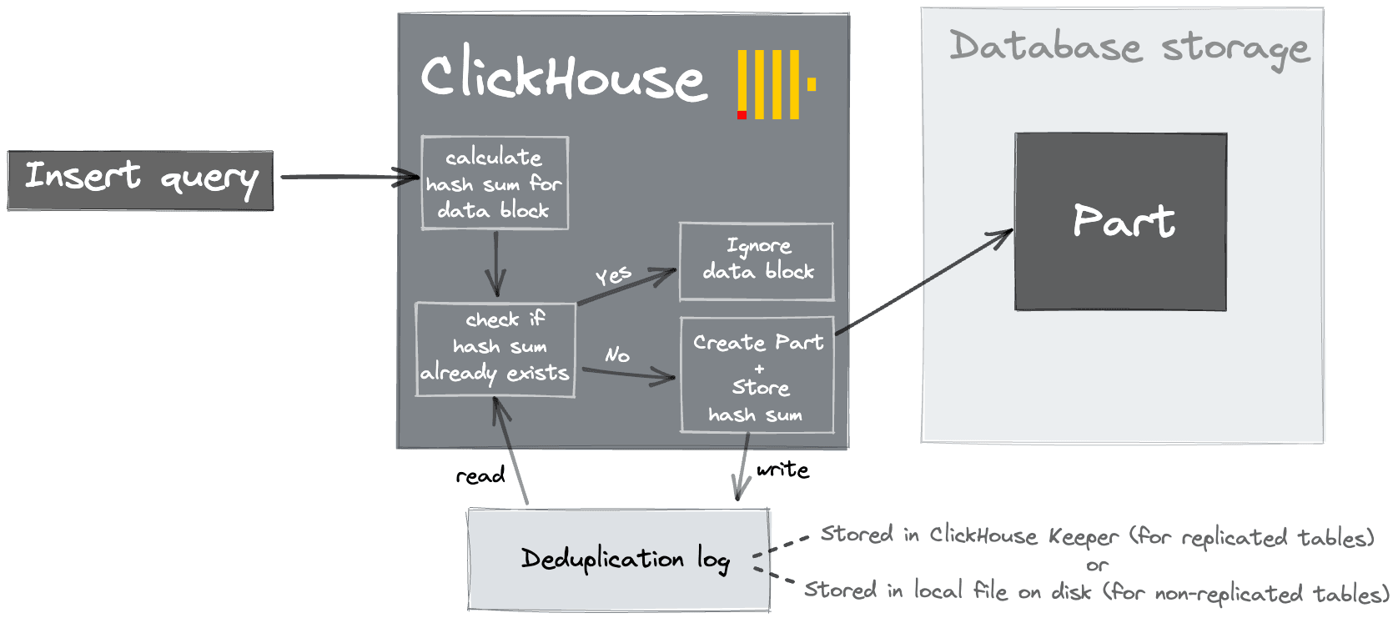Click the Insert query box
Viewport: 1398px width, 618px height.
tap(140, 180)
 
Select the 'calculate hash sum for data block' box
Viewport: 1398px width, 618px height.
tap(495, 183)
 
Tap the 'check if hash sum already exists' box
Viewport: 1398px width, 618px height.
tap(495, 349)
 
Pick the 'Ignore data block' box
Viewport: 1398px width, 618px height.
tap(757, 261)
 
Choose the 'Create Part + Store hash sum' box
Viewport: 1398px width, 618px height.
tap(757, 374)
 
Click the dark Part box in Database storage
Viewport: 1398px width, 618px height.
tap(1120, 222)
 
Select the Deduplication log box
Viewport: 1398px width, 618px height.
tap(618, 559)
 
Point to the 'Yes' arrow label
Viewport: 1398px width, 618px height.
tap(613, 275)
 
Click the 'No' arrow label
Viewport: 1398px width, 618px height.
tap(617, 354)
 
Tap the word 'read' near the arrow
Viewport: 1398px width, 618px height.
tap(480, 476)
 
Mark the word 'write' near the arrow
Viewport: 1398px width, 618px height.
tap(782, 470)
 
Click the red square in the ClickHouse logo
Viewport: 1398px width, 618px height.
tap(742, 115)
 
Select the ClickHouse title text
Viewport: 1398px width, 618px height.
tap(563, 77)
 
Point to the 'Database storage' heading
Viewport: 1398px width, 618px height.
tap(1129, 48)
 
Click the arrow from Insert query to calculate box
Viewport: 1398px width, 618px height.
tap(349, 177)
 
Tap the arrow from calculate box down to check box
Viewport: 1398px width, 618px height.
tap(496, 264)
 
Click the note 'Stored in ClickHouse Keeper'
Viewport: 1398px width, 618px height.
tap(1096, 536)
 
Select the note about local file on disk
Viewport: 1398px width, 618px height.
tap(1096, 591)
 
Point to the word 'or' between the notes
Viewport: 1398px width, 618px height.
tap(1097, 565)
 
